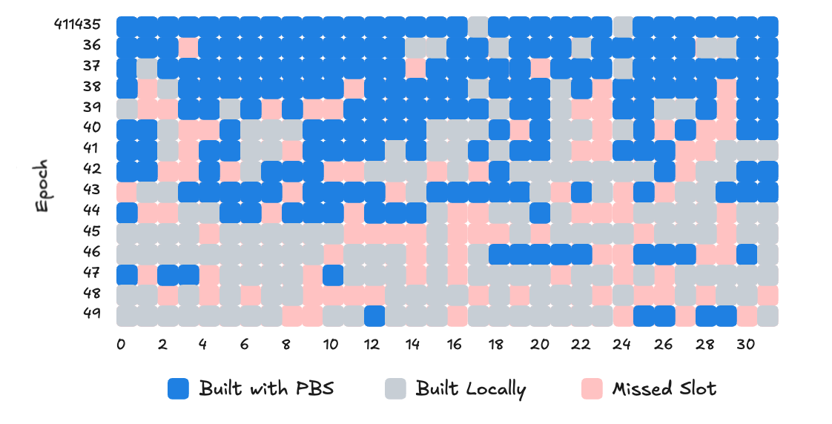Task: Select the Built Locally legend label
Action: tap(470, 388)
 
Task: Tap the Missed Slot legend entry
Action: tap(664, 388)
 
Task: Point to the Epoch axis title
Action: tap(43, 185)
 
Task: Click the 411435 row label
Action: tap(77, 24)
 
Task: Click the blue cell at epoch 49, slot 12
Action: tap(375, 316)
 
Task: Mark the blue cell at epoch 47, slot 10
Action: tap(334, 274)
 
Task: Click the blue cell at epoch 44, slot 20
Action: tap(541, 213)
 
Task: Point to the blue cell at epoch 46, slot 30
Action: tap(747, 254)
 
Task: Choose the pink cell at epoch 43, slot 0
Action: tap(127, 192)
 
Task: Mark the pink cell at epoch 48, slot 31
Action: tap(768, 295)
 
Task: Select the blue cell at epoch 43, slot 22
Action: tap(582, 192)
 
